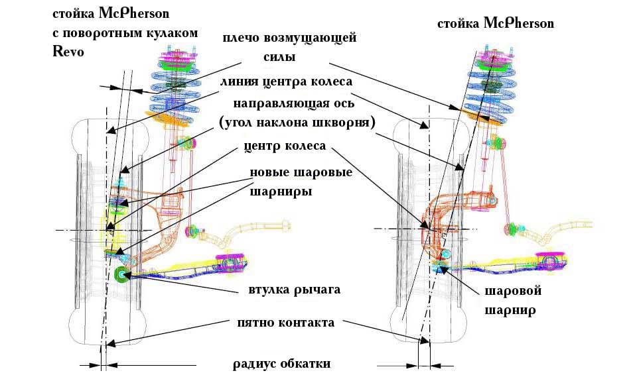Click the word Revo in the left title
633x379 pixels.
[x=68, y=53]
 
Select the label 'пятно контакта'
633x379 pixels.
[x=285, y=323]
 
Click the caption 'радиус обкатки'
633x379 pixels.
[x=281, y=364]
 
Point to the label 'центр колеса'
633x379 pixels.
[x=285, y=146]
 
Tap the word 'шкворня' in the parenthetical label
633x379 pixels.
[x=346, y=124]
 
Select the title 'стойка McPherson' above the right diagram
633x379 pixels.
[x=495, y=23]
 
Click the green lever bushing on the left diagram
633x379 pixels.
[x=121, y=275]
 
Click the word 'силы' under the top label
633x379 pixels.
[x=279, y=58]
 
